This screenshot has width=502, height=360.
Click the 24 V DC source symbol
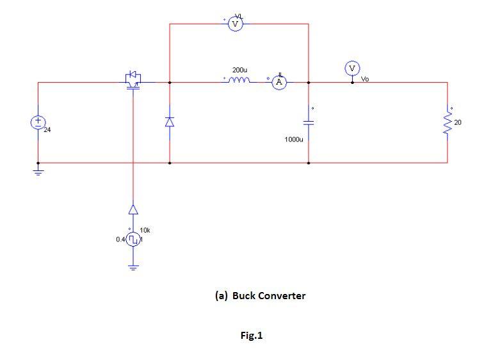(x=38, y=122)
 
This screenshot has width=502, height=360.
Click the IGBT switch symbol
(x=134, y=79)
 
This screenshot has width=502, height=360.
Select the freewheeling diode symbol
(x=170, y=122)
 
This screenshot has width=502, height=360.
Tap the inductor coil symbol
(x=240, y=81)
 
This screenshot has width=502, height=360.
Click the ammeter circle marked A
(x=279, y=83)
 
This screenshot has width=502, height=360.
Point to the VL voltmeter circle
(x=235, y=24)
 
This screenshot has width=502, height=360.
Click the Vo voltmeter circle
(x=352, y=68)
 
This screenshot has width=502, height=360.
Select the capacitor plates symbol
(x=309, y=122)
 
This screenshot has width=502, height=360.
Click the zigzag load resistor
(x=448, y=122)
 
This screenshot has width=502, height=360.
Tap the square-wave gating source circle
(x=133, y=240)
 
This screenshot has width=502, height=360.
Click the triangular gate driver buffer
(x=133, y=209)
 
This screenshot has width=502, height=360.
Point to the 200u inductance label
(x=240, y=69)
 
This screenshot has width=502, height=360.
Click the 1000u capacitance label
(x=294, y=138)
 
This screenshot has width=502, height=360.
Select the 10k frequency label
(x=145, y=229)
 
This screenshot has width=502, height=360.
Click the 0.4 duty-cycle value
(x=120, y=240)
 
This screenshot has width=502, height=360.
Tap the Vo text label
(x=365, y=79)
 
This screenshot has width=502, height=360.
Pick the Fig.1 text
(x=251, y=336)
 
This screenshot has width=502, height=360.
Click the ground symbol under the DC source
(x=38, y=172)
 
